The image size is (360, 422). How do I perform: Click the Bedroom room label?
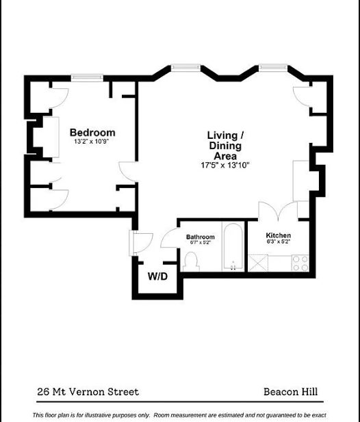pos(92,133)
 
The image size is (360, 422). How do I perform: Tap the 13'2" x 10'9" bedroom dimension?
pos(92,142)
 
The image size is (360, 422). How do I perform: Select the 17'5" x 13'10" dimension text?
pos(225,165)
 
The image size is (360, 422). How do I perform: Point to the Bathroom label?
pos(201,237)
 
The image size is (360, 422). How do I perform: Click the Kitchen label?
pos(279,235)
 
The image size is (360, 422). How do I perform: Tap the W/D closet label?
pos(157,276)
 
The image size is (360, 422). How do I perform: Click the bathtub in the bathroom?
pos(233,246)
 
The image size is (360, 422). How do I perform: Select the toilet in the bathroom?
pos(191,262)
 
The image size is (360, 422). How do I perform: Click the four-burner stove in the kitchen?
pos(300,263)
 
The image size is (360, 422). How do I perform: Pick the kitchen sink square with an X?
pos(258,263)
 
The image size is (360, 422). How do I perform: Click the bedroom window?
pos(87,78)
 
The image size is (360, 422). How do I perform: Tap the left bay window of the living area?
pos(185,68)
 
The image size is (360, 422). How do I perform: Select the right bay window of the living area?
pos(273,68)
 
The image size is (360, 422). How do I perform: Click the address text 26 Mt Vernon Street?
pos(88,392)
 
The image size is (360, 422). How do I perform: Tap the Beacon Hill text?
pos(290,392)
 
